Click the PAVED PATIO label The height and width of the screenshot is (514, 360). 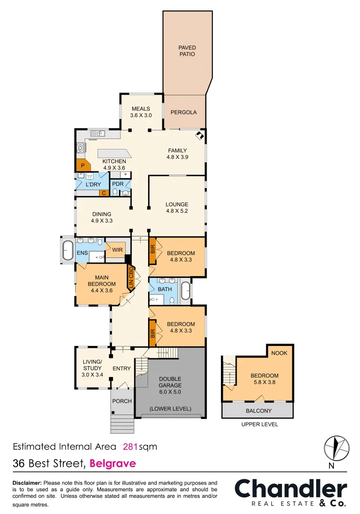(187, 51)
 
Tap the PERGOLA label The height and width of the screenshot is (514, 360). (183, 112)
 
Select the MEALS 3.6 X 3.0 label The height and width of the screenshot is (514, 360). (141, 112)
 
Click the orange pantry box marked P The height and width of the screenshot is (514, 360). (82, 166)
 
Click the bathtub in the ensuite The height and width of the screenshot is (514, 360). (67, 249)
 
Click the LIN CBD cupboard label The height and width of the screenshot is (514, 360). (130, 278)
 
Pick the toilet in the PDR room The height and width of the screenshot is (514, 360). (115, 192)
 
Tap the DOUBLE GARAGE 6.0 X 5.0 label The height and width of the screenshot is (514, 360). (170, 386)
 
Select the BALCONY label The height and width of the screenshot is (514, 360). (258, 411)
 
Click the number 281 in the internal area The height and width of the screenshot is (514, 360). (130, 446)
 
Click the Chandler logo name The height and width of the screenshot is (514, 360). (290, 489)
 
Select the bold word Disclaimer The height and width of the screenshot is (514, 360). (27, 483)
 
